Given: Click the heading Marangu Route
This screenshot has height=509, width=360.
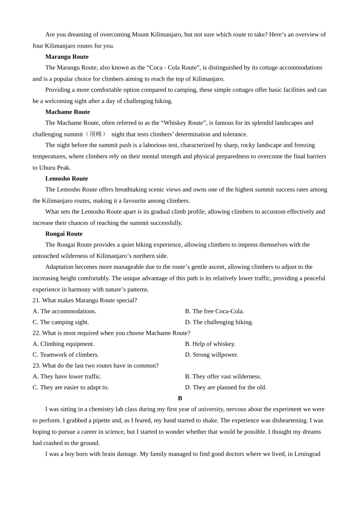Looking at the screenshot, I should click(67, 57).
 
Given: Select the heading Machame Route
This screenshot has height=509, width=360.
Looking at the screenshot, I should click(67, 112).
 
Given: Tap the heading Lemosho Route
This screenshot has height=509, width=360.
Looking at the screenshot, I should click(66, 179).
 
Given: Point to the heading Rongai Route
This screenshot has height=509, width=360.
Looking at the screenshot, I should click(64, 234).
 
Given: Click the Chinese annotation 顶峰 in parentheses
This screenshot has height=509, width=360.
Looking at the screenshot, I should click(95, 134).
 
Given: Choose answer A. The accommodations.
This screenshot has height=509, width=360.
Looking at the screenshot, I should click(64, 311).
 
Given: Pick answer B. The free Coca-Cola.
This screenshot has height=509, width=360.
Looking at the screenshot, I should click(214, 311).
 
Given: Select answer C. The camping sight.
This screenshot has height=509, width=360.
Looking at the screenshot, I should click(61, 322).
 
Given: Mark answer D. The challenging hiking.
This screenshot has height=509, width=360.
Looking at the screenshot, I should click(219, 322).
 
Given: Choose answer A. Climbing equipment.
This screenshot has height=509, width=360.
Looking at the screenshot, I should click(63, 344).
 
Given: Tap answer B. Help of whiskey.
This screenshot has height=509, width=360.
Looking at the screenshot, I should click(210, 344).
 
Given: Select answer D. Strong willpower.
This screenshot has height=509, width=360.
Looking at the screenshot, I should click(211, 355).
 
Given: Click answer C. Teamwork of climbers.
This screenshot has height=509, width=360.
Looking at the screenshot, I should click(66, 355).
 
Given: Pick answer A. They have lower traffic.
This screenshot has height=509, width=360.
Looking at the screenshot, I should click(67, 376).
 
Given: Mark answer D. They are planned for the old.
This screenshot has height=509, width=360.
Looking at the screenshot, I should click(226, 387).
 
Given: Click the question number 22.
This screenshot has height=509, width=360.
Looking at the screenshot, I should click(36, 333).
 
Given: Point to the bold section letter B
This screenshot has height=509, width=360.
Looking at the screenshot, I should click(180, 398).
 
